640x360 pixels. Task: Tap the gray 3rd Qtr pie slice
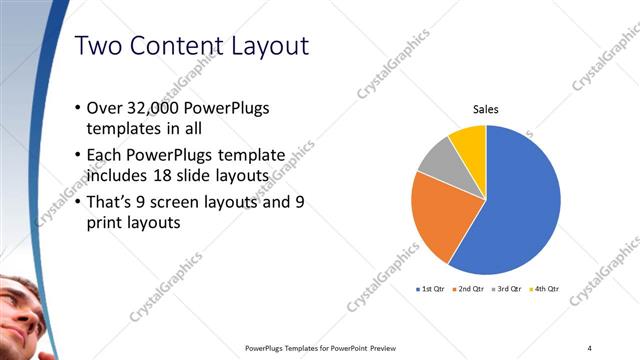[437, 165]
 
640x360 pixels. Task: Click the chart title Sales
[486, 109]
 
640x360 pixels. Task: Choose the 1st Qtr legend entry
[432, 289]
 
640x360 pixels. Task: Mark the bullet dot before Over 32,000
[79, 108]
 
